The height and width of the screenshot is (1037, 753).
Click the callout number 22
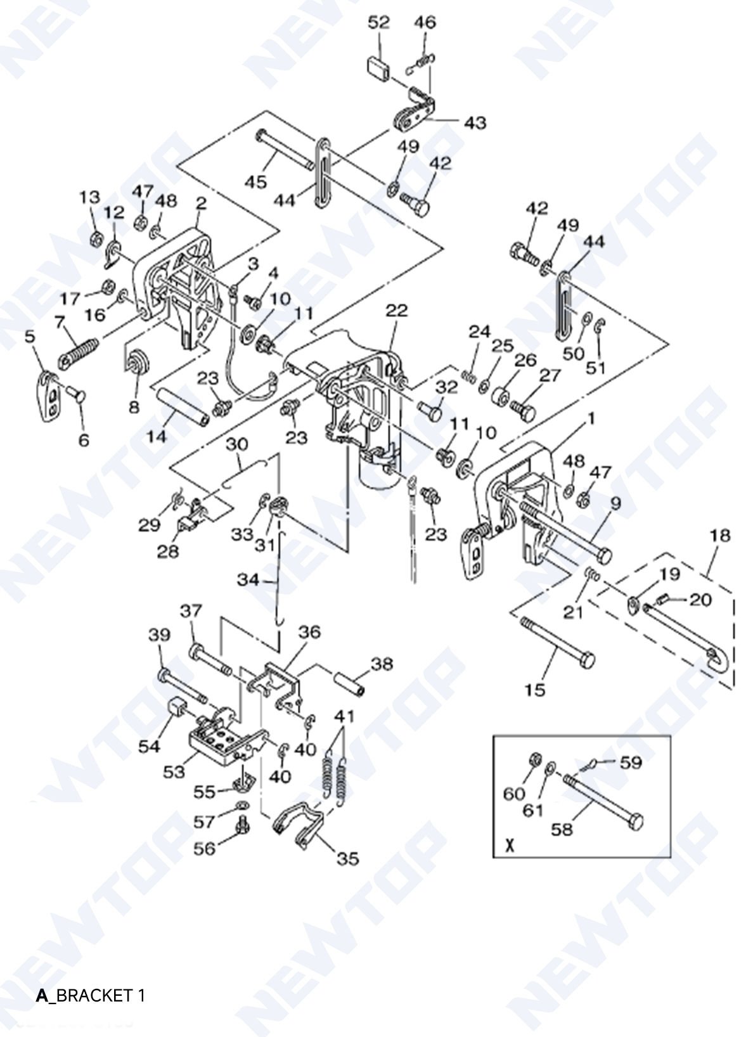[x=396, y=311]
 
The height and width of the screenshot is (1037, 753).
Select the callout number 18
[x=719, y=536]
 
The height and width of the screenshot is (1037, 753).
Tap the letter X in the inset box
[x=509, y=846]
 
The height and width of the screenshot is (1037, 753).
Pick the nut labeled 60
[x=533, y=760]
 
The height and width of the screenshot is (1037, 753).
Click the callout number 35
[x=347, y=858]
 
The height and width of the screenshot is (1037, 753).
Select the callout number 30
[x=236, y=444]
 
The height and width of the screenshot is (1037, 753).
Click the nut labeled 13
[x=96, y=239]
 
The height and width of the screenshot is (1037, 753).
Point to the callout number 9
[x=615, y=504]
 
